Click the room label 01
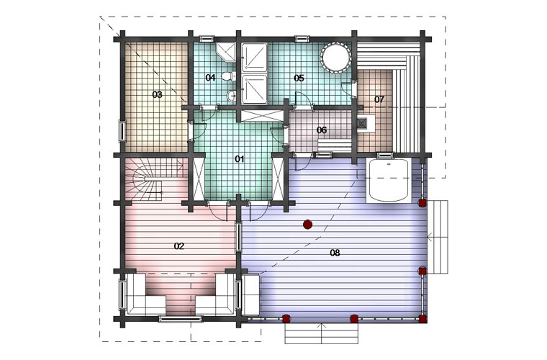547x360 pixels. pos(239,159)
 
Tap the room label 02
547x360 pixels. pos(179,246)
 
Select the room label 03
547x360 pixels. pos(158,94)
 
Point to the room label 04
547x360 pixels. pos(210,78)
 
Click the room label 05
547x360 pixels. pos(299,78)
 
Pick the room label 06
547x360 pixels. pos(322,130)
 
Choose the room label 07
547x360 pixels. pos(379,99)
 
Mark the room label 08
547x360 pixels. pos(335,253)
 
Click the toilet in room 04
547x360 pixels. pos(228,76)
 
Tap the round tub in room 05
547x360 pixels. pos(335,58)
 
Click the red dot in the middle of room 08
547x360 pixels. pos(307,225)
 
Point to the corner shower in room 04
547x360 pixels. pos(226,53)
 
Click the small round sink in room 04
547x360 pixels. pos(231,95)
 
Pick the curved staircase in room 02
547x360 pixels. pos(153,180)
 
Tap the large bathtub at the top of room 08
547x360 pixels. pos(388,180)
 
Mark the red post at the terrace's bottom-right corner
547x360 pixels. pos(422,318)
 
